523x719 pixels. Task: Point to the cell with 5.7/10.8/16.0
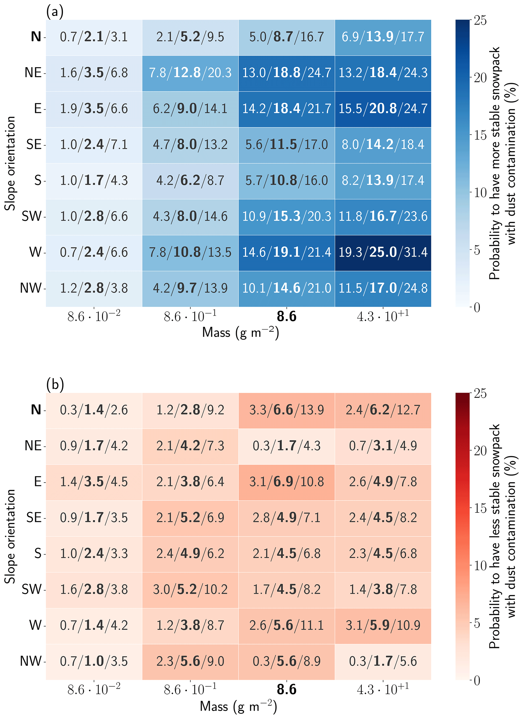[x=286, y=181]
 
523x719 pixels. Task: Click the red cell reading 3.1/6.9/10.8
[x=286, y=482]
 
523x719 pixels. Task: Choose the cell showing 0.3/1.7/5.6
[x=383, y=661]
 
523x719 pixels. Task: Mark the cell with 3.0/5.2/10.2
[x=190, y=590]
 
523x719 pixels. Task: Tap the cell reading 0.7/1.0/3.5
[x=94, y=661]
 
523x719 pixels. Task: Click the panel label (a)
[x=55, y=12]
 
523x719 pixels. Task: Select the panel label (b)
[x=55, y=384]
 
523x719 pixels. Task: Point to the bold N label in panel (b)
[x=36, y=410]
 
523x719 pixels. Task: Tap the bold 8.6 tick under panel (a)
[x=286, y=317]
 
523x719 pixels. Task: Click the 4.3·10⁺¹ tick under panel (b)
[x=383, y=690]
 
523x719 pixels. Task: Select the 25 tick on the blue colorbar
[x=480, y=20]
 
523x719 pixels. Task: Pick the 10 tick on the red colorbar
[x=480, y=566]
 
